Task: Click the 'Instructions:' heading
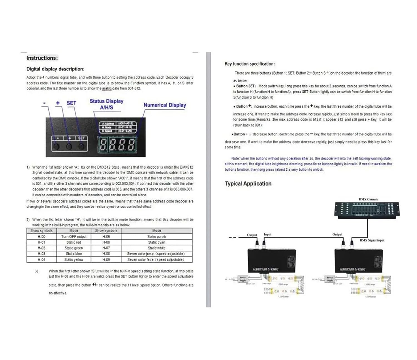coord(42,58)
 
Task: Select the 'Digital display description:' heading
coord(55,69)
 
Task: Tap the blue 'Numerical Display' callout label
coord(165,105)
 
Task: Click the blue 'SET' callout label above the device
coord(71,103)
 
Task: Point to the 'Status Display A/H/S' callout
coord(106,104)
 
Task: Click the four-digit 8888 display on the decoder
coord(117,144)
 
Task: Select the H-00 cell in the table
coord(41,236)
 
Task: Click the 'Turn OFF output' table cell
coord(74,236)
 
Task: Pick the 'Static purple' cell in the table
coord(157,236)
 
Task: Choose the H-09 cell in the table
coord(106,260)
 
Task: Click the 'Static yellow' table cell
coord(74,260)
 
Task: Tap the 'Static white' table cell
coord(157,248)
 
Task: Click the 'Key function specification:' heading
coord(250,64)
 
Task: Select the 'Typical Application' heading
coord(248,184)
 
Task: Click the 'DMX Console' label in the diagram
coord(368,199)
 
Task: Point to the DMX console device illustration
coord(367,209)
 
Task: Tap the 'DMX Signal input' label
coord(372,240)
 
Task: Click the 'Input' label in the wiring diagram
coord(267,235)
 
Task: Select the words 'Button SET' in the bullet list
coord(245,86)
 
